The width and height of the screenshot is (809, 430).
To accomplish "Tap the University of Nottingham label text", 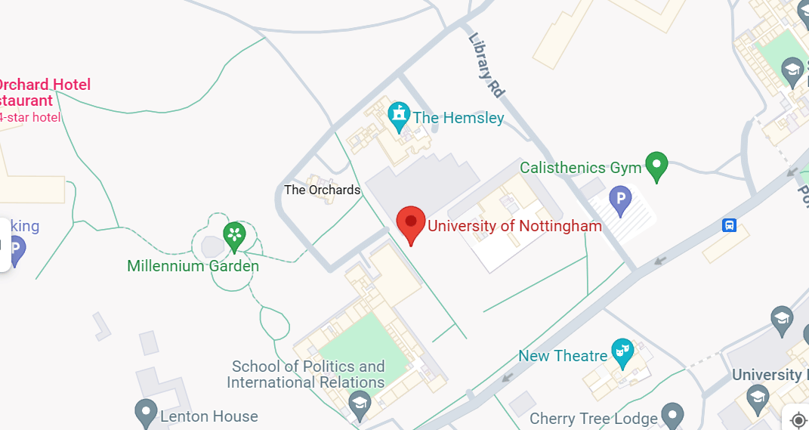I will click(515, 226).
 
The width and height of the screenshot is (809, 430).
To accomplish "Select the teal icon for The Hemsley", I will click(398, 116).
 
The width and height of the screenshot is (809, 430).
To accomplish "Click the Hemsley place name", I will click(458, 118).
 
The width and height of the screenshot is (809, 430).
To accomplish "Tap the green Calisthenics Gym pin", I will click(656, 166).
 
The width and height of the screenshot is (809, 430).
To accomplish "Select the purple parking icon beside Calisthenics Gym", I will click(620, 201).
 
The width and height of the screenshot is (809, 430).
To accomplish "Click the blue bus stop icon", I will click(730, 225).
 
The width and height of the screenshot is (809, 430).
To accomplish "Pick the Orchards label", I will click(322, 190).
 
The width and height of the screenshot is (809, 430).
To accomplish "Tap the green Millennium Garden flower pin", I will click(234, 236).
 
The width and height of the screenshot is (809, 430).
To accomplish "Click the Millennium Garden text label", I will click(193, 266).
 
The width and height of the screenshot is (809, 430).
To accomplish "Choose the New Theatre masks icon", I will click(622, 352).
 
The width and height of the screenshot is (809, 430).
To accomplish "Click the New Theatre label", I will click(563, 356).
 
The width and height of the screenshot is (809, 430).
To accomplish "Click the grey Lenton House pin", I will click(145, 413).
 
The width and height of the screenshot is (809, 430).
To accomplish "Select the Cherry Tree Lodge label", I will click(593, 418).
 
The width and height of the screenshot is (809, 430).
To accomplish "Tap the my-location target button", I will click(798, 419).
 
